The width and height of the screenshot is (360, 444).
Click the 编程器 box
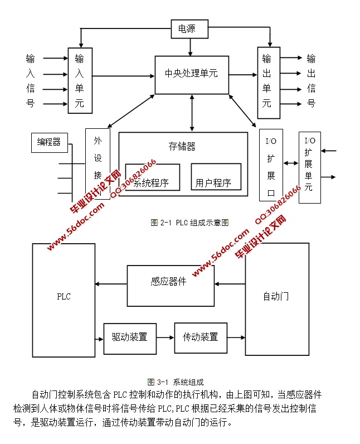pos(49,142)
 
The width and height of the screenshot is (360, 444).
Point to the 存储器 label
pos(182,147)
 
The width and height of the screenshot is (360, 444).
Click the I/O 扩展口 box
pos(271,165)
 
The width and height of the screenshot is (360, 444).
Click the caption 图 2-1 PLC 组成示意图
pos(189,222)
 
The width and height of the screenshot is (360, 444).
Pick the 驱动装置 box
pos(130,337)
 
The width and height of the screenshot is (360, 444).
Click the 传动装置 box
pos(201,337)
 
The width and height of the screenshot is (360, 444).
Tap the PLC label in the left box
pos(64,296)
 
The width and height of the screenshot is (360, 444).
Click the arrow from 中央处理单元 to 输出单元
pos(243,75)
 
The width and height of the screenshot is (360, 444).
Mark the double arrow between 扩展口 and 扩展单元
pos(291,164)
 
